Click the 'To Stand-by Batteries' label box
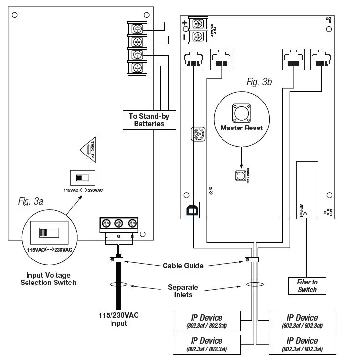pos(149,120)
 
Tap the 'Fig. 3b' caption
pos(259,82)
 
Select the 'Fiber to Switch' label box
pos(307,285)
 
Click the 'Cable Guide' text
pos(182,265)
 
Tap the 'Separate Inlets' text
pos(183,291)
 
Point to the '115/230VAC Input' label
pos(118,319)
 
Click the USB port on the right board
pos(190,209)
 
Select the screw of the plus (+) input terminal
pos(198,23)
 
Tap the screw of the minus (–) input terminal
pos(198,37)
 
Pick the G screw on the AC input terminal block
pos(118,224)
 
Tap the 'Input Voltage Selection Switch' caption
pos(48,279)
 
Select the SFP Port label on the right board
pos(301,208)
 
